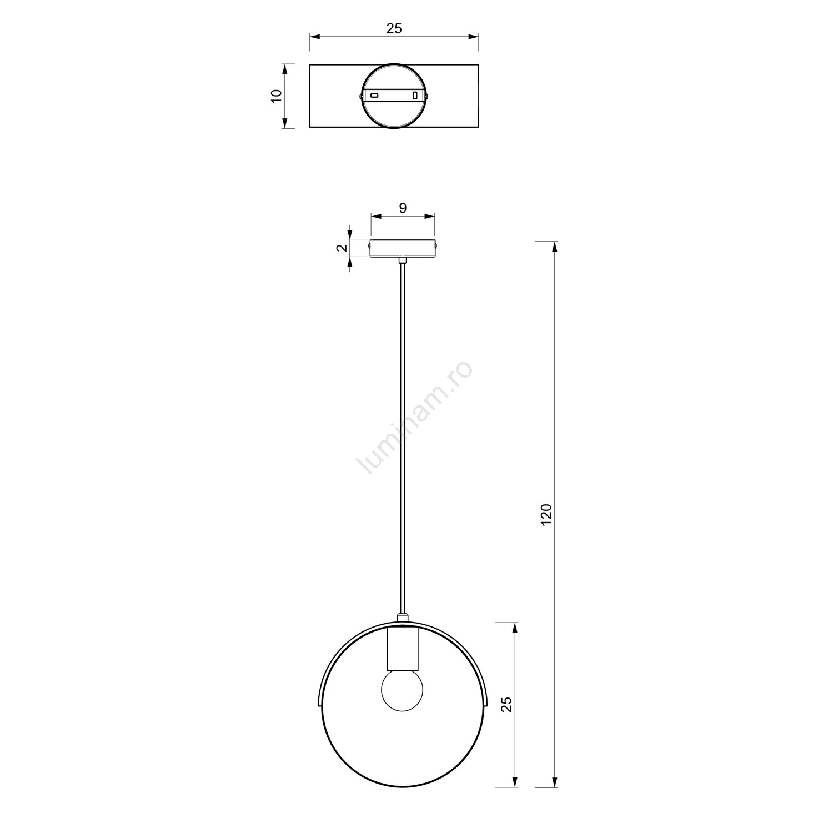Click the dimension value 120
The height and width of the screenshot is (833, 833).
(x=546, y=515)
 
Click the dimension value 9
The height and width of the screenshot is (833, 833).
(x=403, y=208)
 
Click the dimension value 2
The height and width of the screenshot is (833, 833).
(x=342, y=248)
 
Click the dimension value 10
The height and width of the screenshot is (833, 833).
(x=277, y=96)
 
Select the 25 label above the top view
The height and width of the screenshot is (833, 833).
(x=394, y=29)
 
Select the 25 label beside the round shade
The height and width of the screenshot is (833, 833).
(x=506, y=705)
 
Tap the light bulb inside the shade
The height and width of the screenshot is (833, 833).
(x=402, y=692)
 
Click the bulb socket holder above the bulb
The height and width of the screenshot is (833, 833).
(x=402, y=650)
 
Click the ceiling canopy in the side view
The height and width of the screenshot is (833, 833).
(x=403, y=248)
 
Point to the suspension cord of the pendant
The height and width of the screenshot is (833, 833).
(x=403, y=438)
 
